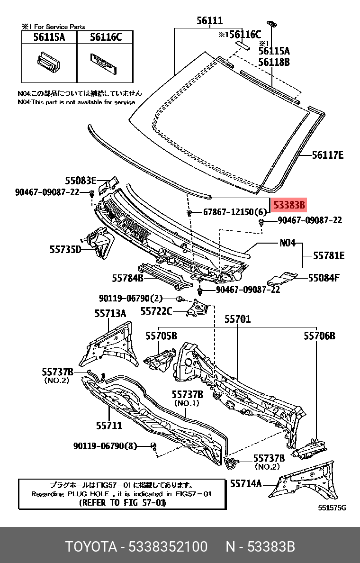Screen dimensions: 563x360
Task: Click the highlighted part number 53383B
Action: [x=289, y=205]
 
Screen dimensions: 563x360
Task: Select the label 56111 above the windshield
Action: [x=209, y=21]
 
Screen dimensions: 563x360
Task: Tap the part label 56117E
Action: [x=327, y=155]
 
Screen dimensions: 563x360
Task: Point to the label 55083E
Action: [x=81, y=180]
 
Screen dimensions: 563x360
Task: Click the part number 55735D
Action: [x=65, y=248]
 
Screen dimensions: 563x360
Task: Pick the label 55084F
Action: [x=324, y=278]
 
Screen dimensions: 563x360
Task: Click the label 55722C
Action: [x=156, y=311]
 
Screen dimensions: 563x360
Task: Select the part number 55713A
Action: [x=110, y=313]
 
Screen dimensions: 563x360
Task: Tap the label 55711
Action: [x=109, y=426]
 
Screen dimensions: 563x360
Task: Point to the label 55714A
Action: [x=246, y=483]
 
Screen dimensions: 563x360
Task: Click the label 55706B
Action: [x=319, y=336]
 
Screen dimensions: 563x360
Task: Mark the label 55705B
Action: [x=161, y=336]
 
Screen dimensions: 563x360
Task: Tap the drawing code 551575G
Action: [x=332, y=508]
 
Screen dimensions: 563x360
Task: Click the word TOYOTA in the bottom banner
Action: [x=91, y=547]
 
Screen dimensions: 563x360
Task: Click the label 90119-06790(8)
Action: [x=105, y=446]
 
